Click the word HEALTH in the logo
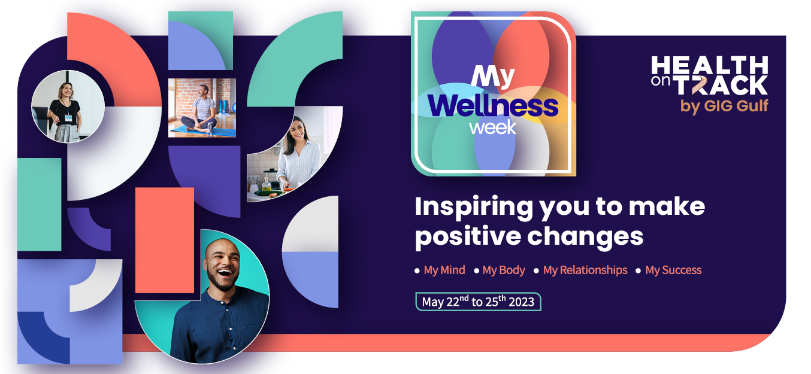tap(709, 65)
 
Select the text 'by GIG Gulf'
tap(724, 107)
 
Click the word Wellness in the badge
tap(493, 106)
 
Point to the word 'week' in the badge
tap(492, 127)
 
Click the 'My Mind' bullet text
tap(444, 270)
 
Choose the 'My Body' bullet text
tap(504, 270)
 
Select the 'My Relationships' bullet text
tap(585, 270)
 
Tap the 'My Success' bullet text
tap(673, 270)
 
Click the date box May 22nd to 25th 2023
tap(478, 302)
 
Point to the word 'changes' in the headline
tap(585, 238)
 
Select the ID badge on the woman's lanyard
tap(68, 118)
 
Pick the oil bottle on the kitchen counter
tap(267, 184)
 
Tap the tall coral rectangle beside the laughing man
tap(165, 240)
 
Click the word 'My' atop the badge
tap(492, 77)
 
